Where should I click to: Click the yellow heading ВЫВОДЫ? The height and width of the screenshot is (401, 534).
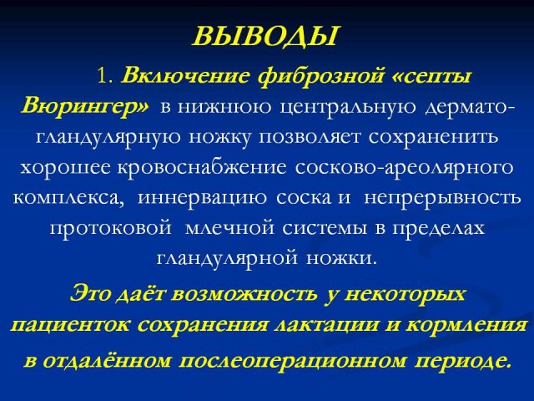[x=265, y=36]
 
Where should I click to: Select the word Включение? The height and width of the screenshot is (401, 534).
[x=184, y=76]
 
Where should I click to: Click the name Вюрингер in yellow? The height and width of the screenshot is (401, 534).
[x=85, y=106]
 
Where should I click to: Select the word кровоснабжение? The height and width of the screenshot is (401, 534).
[x=202, y=168]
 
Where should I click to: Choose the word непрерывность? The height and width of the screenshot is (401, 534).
[x=442, y=198]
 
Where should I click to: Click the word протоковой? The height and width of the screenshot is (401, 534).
[x=111, y=228]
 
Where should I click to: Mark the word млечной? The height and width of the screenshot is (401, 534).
[x=229, y=228]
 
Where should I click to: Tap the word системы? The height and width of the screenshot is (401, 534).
[x=325, y=228]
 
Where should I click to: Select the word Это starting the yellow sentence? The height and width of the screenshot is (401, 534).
[x=91, y=294]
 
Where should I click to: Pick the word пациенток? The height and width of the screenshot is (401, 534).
[x=70, y=325]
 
